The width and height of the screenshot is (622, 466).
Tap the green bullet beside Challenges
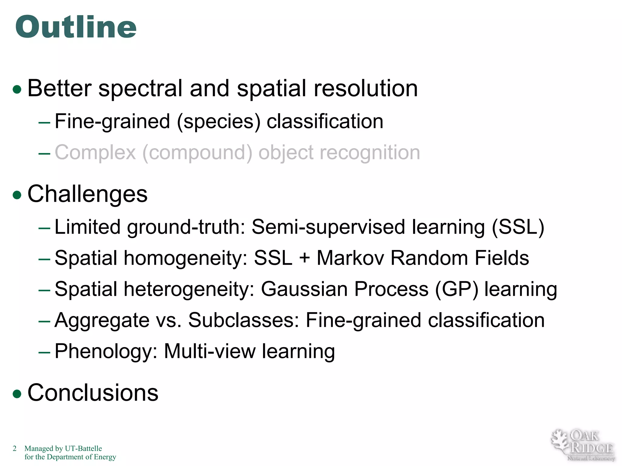(x=17, y=195)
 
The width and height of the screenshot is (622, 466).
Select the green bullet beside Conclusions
(x=17, y=393)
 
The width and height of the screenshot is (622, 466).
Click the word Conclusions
(x=93, y=393)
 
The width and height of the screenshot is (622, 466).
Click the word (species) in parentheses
(x=218, y=122)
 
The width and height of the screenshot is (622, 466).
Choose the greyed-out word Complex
(x=95, y=152)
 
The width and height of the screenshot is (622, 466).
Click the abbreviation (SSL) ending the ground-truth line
(x=518, y=227)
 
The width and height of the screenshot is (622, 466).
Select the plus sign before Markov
(x=304, y=258)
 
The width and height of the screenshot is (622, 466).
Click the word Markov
(x=350, y=258)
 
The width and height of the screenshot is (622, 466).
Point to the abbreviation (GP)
(x=456, y=289)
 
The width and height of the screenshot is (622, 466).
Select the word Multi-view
(x=210, y=351)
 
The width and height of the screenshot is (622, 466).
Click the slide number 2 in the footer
(x=15, y=448)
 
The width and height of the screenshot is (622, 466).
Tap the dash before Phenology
(x=44, y=352)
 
